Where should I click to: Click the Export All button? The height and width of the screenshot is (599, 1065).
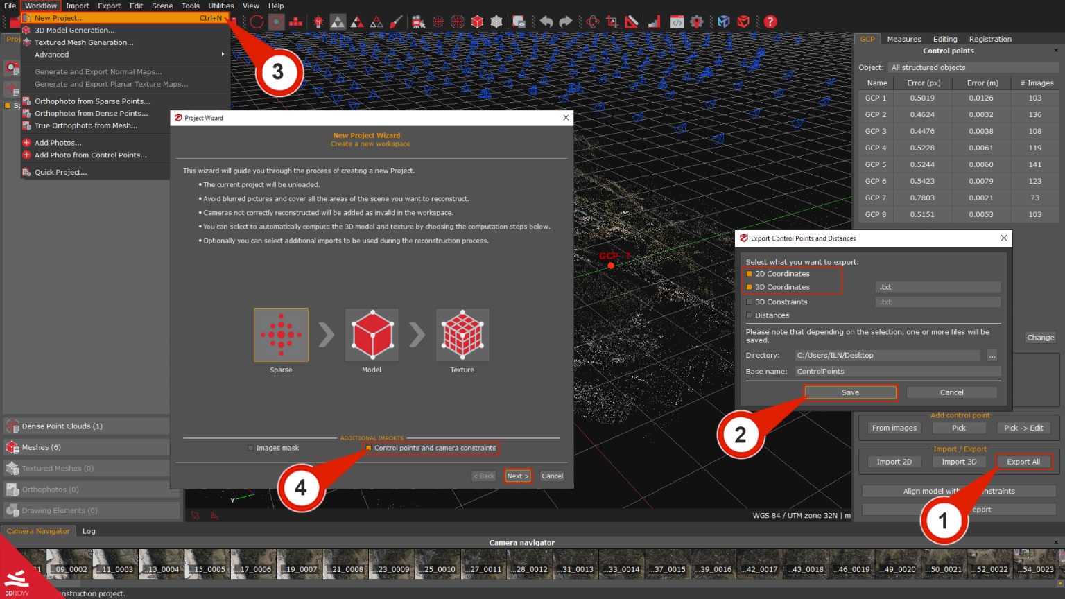click(1023, 462)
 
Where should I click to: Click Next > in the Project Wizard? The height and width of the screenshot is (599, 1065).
click(517, 476)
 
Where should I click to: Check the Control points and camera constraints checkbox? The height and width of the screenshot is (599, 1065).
click(369, 449)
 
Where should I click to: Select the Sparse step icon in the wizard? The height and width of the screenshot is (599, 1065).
click(281, 335)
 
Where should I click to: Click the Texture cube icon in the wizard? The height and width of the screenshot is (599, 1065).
click(462, 335)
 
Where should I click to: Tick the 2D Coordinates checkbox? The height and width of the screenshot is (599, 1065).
click(750, 274)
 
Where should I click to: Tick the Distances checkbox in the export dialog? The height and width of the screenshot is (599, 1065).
click(750, 315)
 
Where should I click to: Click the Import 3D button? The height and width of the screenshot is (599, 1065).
click(959, 462)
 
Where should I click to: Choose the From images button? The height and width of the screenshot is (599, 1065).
click(894, 428)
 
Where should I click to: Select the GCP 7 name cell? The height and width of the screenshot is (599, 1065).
click(876, 198)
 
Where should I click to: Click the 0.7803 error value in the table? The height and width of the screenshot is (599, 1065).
click(922, 198)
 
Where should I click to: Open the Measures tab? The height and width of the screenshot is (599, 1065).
click(904, 39)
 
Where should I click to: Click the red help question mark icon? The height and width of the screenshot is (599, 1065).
click(770, 21)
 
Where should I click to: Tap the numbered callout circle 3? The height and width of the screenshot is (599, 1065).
click(278, 71)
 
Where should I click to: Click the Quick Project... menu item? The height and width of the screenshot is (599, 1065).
click(61, 172)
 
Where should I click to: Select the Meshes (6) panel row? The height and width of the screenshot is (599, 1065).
click(87, 447)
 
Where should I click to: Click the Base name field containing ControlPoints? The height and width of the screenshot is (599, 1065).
click(897, 372)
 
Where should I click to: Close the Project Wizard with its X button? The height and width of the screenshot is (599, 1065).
click(566, 118)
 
